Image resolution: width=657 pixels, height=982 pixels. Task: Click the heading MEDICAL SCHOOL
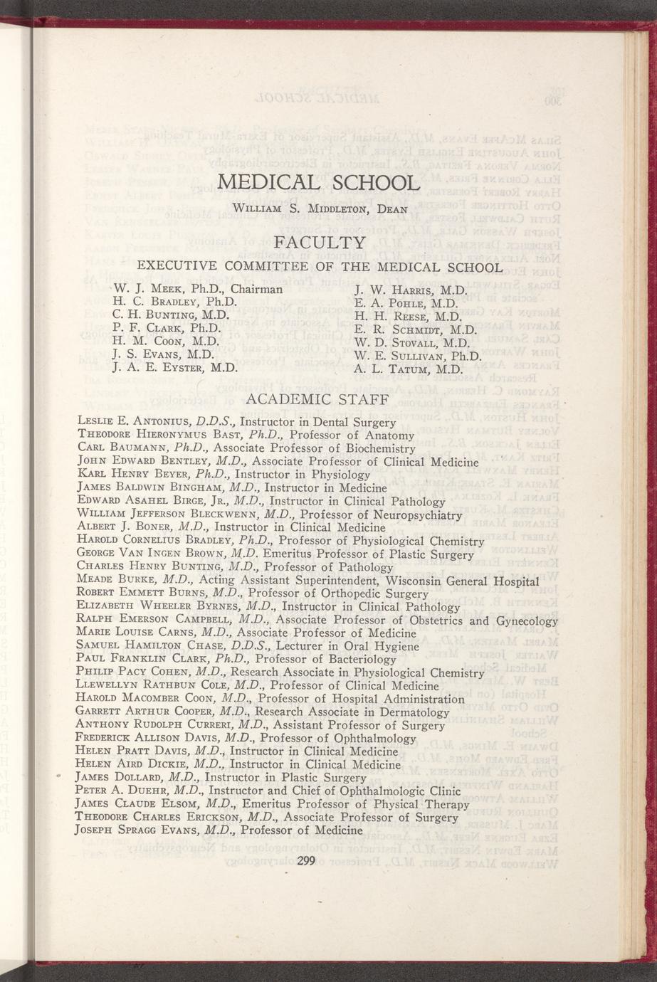[318, 181]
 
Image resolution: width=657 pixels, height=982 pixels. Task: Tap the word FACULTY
[320, 243]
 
